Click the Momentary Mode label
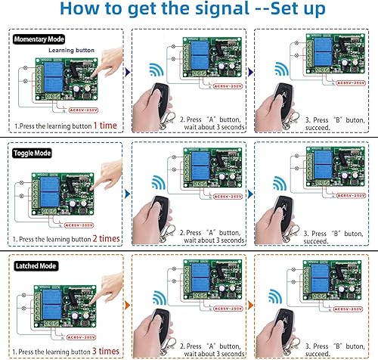(x=37, y=38)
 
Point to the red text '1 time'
(x=107, y=123)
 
